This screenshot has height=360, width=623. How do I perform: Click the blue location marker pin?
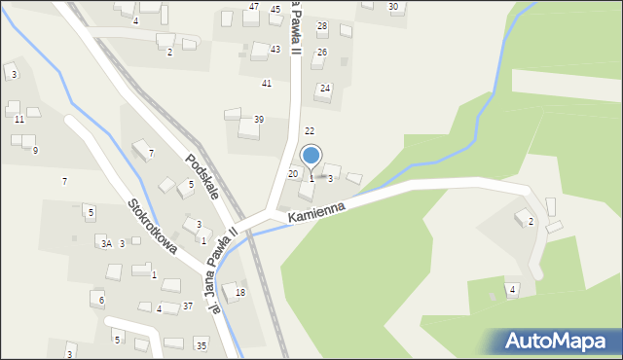pos(311,155)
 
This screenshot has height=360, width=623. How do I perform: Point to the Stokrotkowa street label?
pos(151,228)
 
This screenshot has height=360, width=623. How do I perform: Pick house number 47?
pos(254,7)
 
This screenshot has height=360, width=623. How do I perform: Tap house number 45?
pos(275,10)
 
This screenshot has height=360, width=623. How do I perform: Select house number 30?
pos(393,7)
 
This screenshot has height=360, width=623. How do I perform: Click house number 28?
pos(322,26)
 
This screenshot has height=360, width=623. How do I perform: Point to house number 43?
pos(275,49)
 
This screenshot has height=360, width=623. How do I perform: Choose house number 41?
pos(267,84)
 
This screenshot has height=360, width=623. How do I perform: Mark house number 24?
pos(325,89)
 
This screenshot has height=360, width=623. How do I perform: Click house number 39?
pos(259,120)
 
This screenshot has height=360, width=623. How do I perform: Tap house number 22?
pos(310,130)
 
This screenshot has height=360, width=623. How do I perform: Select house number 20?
pos(292,173)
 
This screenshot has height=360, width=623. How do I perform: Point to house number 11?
pos(19,120)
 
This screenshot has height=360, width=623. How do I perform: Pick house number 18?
pos(240,293)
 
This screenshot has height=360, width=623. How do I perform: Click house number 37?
pos(188,306)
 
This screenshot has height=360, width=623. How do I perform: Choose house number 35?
pos(201,345)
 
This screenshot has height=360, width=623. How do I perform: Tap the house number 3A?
pos(105,244)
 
